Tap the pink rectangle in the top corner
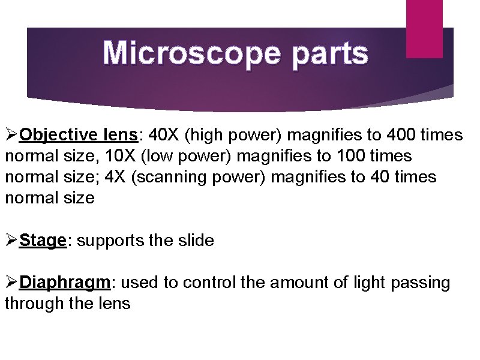(424, 28)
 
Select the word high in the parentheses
(208, 135)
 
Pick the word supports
(110, 241)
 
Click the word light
(367, 283)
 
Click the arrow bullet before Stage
(11, 241)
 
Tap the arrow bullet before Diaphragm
(11, 283)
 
